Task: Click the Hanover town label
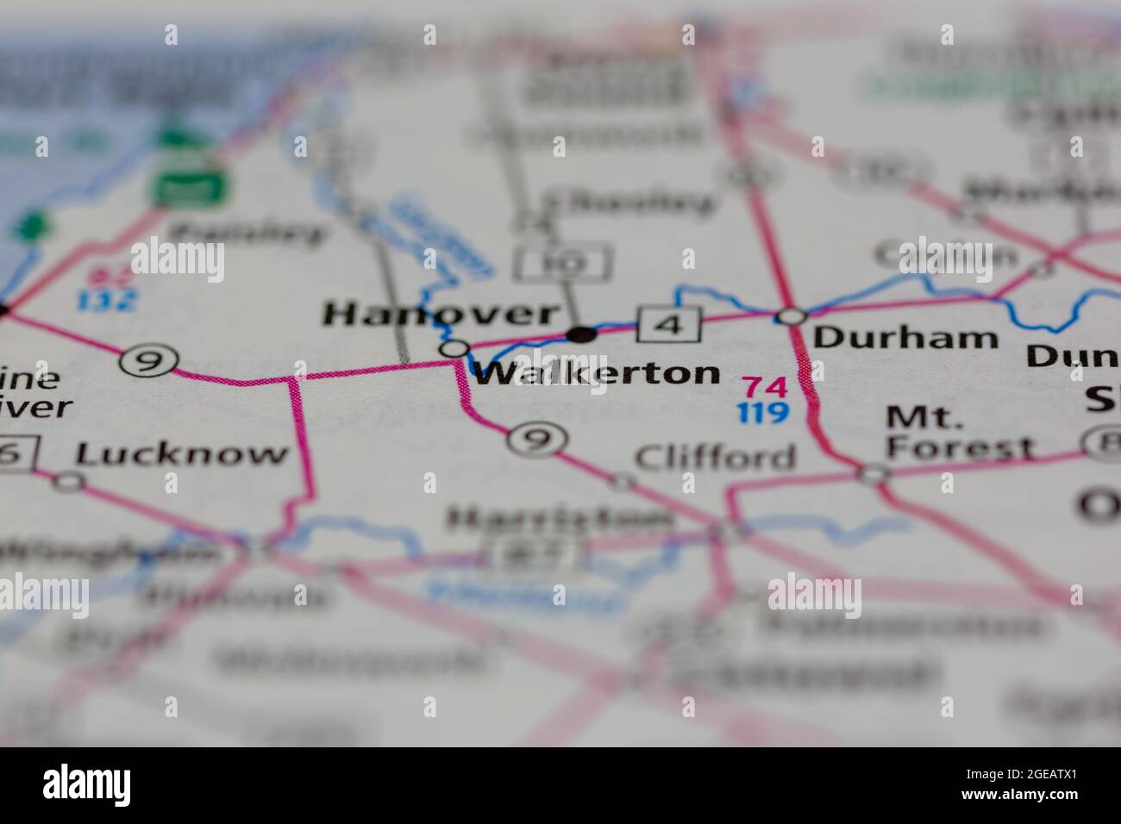[441, 315]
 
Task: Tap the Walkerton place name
[597, 373]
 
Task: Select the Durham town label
[905, 337]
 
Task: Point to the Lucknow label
[182, 453]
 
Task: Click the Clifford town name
[715, 457]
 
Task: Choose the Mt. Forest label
[960, 434]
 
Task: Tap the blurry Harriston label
[558, 519]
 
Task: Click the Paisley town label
[248, 233]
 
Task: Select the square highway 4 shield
[670, 325]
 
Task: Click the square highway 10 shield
[564, 263]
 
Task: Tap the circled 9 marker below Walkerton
[536, 440]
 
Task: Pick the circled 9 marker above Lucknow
[150, 361]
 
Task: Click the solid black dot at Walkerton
[583, 334]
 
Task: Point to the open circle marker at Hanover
[454, 349]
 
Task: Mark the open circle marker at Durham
[790, 316]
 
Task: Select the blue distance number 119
[763, 414]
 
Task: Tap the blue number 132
[107, 301]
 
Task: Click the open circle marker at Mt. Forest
[874, 472]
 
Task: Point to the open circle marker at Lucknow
[68, 481]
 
